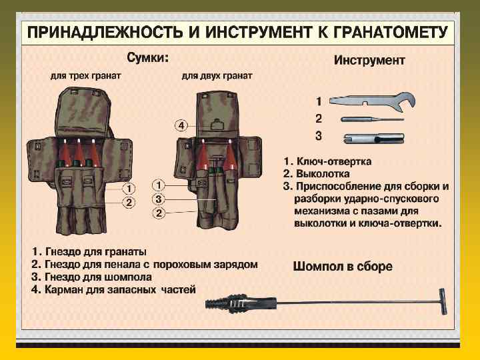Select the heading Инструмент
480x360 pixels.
[369, 60]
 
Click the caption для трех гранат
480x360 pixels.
[85, 77]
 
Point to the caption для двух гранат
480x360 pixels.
[217, 77]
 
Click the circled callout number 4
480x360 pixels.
[181, 125]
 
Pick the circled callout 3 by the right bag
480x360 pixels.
[158, 199]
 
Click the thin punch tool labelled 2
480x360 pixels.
[372, 119]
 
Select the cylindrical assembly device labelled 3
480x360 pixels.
[372, 138]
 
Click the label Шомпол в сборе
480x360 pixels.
[342, 267]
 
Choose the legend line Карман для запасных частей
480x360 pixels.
[113, 289]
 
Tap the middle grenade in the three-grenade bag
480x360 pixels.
[78, 154]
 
